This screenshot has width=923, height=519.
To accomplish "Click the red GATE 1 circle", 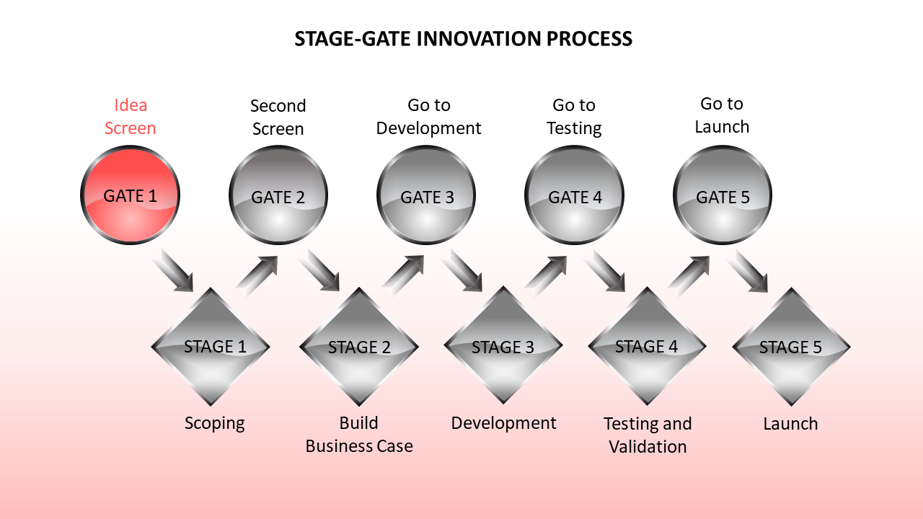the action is [130, 195].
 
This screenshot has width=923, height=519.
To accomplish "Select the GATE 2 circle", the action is [278, 195].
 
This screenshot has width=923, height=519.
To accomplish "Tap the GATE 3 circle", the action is [426, 195].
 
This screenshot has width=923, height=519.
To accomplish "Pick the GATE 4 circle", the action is [574, 195].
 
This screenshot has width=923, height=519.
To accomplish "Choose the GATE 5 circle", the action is [723, 195].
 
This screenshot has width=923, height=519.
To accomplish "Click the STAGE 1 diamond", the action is [211, 347].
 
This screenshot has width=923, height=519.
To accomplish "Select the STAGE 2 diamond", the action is [359, 347].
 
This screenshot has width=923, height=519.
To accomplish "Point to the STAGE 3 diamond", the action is [503, 345].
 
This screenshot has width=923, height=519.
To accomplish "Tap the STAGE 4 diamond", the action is [647, 345].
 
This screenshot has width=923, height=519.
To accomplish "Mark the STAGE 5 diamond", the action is [791, 347].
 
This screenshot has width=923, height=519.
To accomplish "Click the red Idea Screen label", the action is [131, 117].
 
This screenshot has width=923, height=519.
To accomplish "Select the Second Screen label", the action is [278, 117].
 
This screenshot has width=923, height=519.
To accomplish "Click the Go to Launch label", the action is [722, 115].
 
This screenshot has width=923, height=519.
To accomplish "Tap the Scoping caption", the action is [215, 424].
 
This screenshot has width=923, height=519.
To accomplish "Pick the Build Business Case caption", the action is [359, 435].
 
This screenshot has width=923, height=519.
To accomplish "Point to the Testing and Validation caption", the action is [648, 435].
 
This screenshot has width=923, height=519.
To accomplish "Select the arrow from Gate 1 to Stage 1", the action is [172, 270].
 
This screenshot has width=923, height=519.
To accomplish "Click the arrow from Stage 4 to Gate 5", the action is [689, 276].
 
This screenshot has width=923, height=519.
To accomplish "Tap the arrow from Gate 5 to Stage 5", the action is [747, 272].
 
